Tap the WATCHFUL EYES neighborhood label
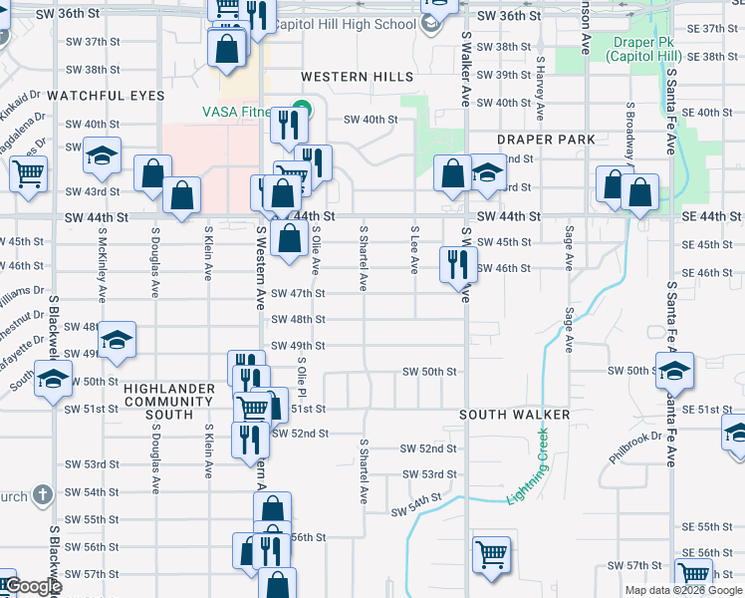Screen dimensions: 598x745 (106, 96)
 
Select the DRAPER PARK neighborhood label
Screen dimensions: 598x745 (547, 141)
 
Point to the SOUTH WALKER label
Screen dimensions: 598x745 (514, 415)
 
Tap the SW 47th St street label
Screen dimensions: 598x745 (301, 294)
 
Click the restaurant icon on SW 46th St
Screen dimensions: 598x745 (458, 264)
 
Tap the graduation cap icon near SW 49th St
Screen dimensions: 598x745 (117, 340)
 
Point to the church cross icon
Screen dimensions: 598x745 (42, 494)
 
